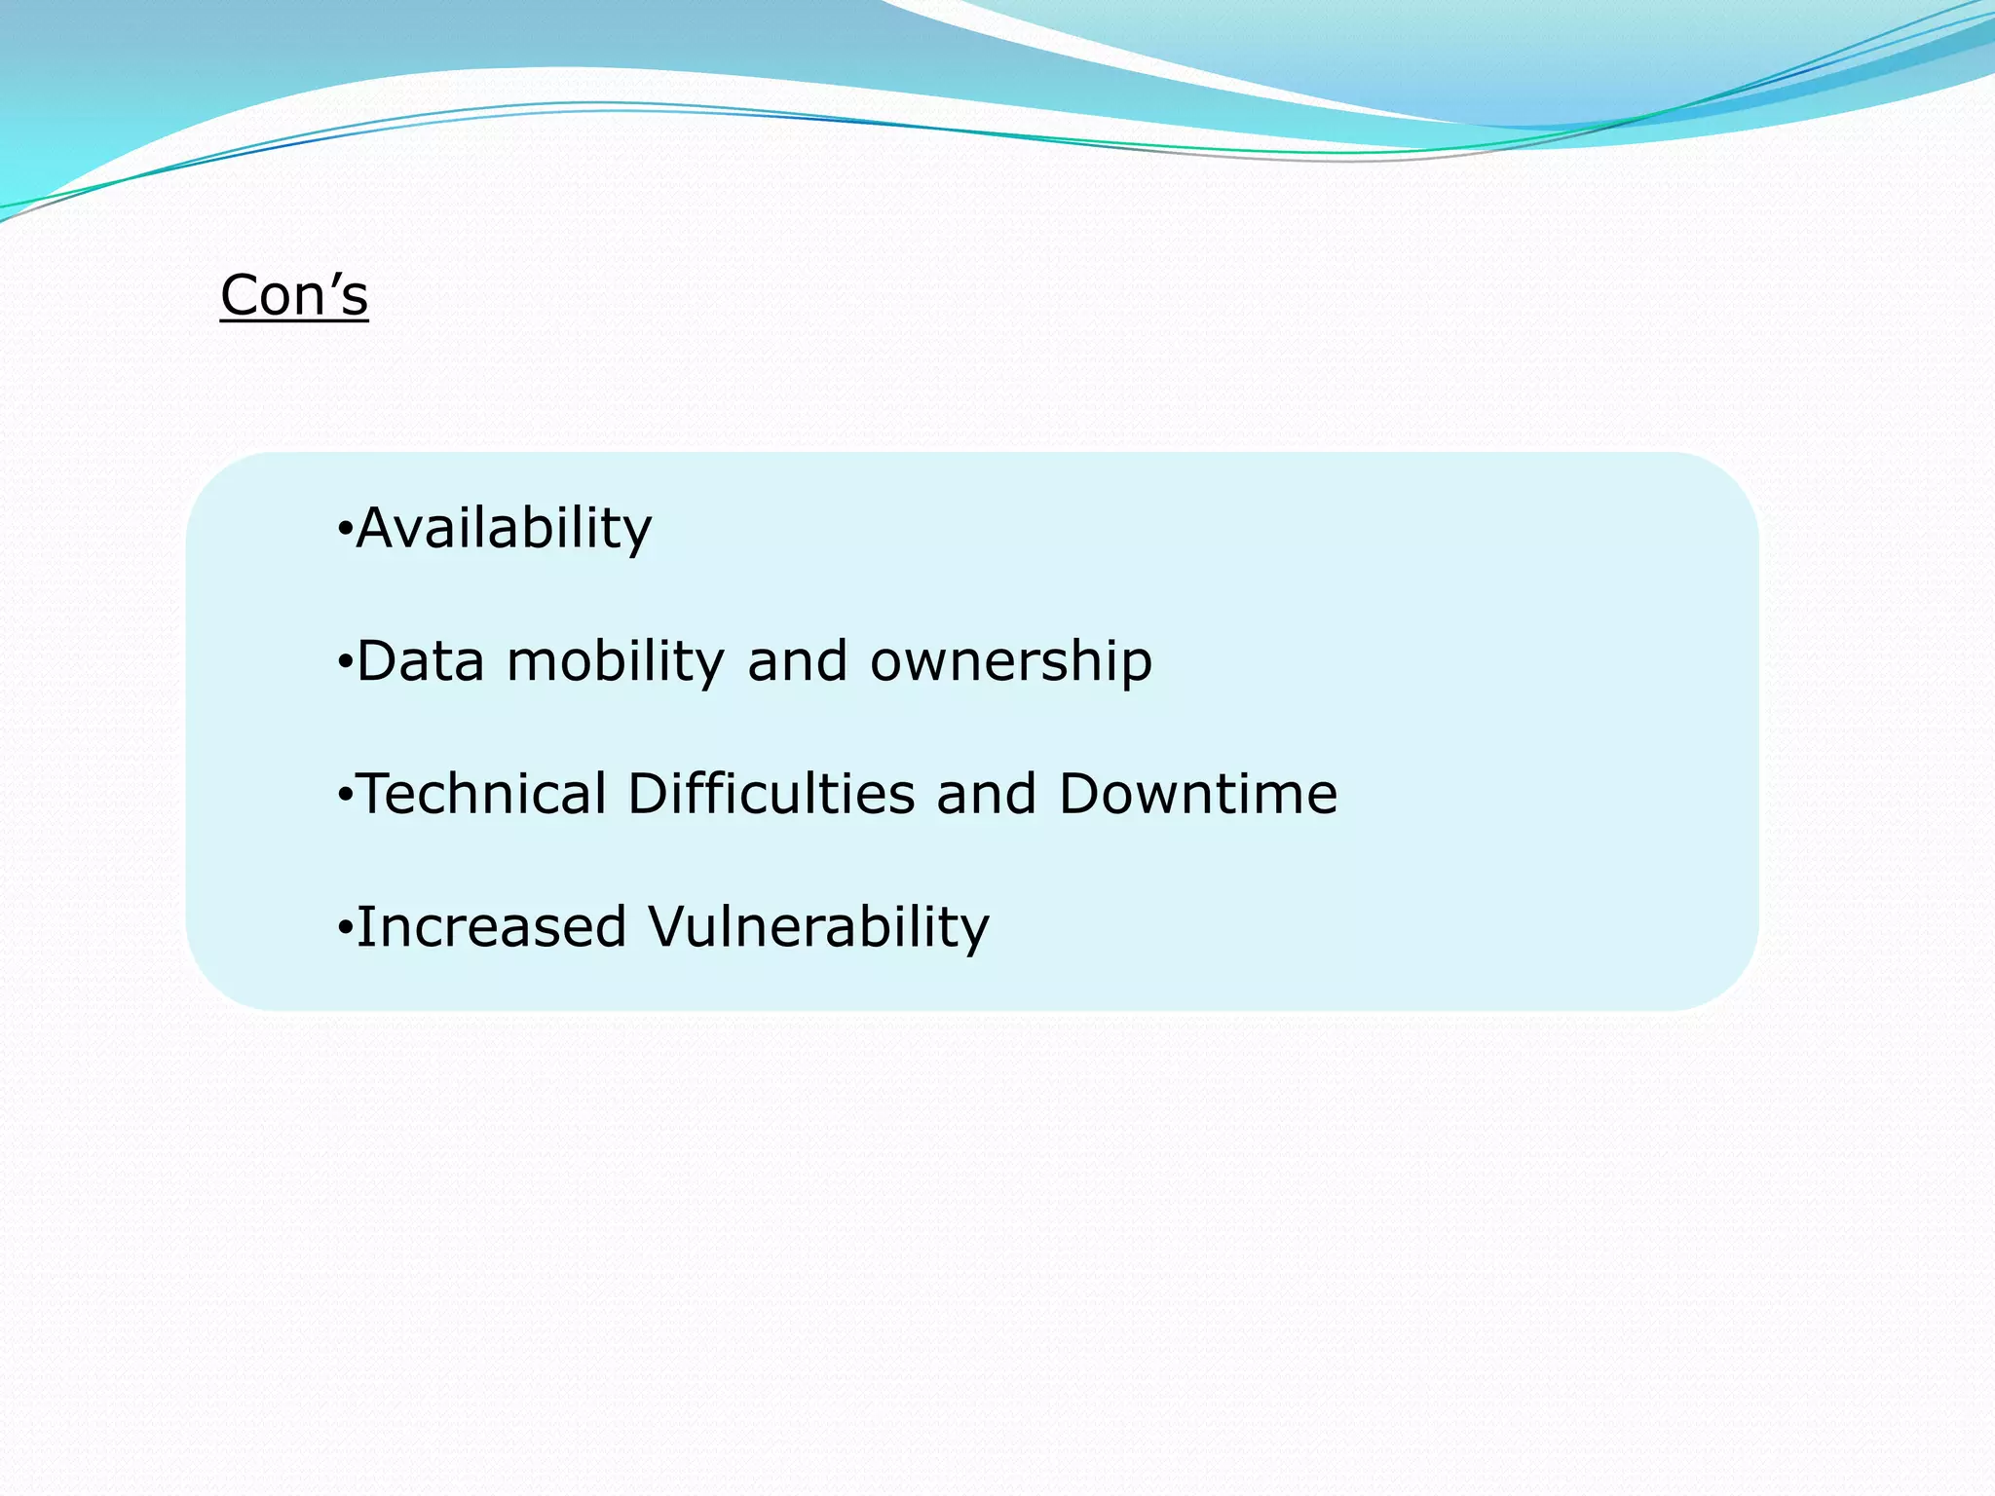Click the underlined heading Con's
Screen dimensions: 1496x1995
click(294, 295)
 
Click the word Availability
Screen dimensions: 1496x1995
click(504, 529)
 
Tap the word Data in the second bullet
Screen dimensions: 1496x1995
click(421, 661)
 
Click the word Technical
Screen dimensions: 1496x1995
click(483, 794)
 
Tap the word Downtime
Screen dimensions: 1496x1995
click(1198, 794)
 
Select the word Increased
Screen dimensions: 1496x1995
click(491, 926)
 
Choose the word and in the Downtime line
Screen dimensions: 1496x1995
click(986, 794)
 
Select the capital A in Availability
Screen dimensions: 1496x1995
click(379, 529)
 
